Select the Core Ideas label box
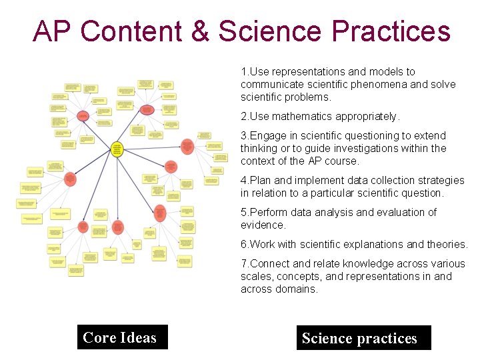[x=120, y=337]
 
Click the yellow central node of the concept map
[x=117, y=149]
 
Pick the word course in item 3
[x=344, y=161]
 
